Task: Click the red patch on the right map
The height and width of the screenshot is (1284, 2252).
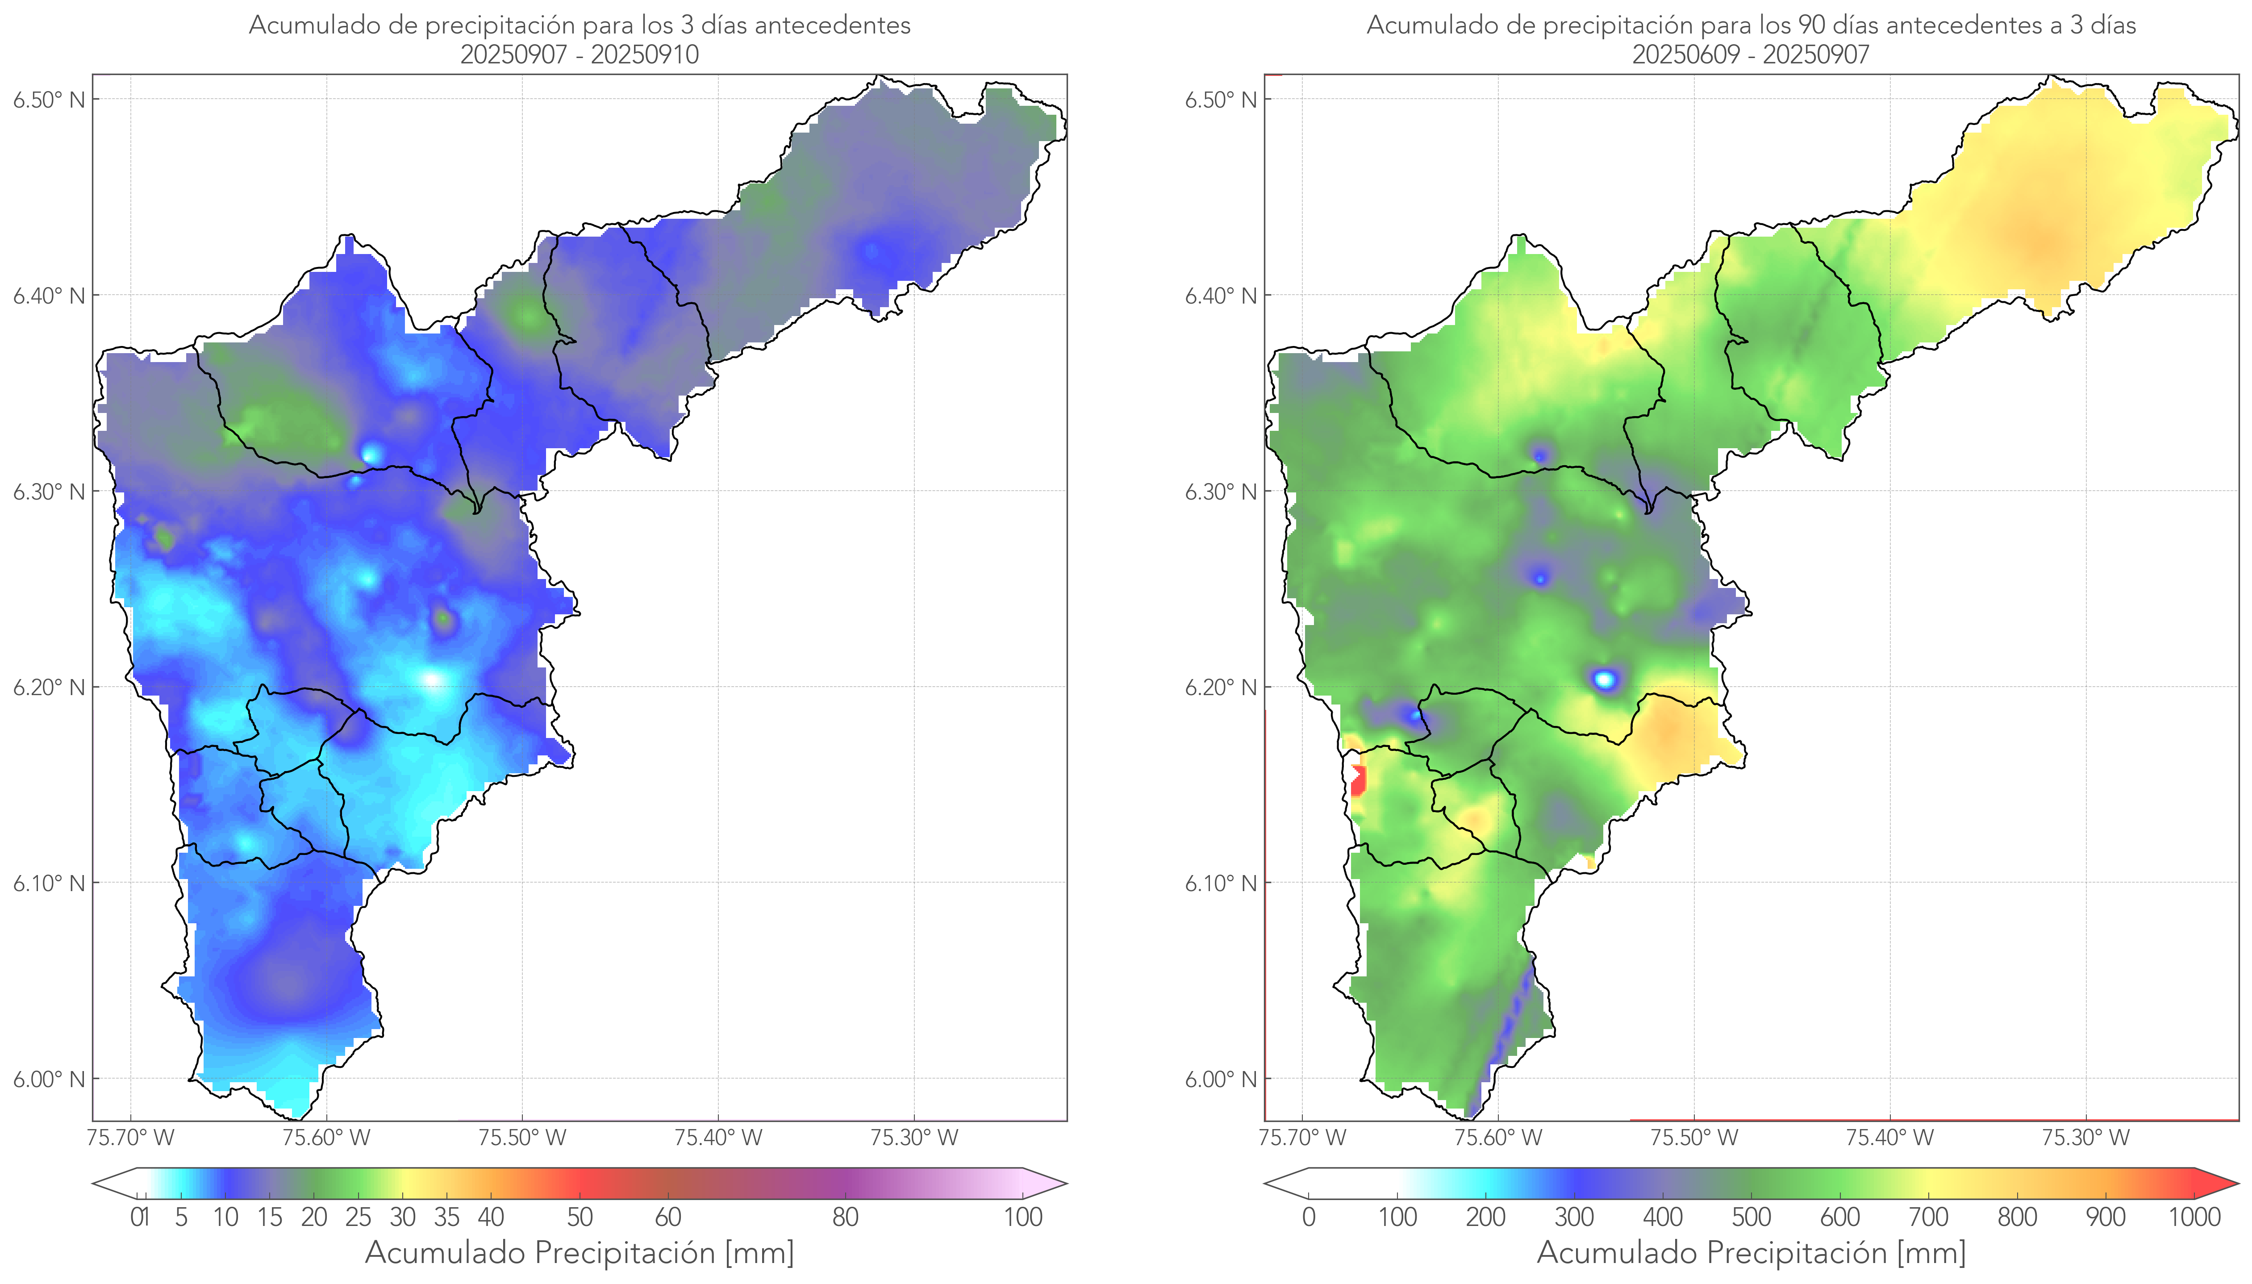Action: (x=1358, y=780)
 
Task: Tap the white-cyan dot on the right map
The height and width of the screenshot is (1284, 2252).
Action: (x=1605, y=679)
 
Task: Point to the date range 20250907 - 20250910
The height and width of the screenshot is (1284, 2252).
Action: (x=580, y=54)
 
